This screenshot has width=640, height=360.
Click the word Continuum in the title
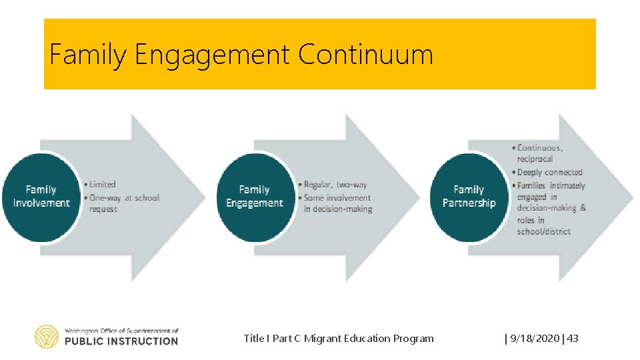365,55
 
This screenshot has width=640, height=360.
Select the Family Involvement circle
41,197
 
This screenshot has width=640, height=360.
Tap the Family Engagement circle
255,197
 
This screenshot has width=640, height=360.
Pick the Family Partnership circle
469,197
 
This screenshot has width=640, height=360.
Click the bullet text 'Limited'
103,184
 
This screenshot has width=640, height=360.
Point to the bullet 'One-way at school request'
125,203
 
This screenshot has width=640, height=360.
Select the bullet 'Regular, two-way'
335,185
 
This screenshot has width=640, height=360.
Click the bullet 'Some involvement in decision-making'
337,203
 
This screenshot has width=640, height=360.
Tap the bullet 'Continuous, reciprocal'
540,153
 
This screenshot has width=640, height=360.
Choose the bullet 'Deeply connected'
550,172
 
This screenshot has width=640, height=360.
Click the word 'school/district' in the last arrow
543,231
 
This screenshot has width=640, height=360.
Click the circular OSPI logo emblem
47,337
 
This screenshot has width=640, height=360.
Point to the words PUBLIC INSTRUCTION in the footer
121,341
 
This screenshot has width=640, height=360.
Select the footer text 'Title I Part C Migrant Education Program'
339,339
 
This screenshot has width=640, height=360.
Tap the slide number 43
573,339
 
